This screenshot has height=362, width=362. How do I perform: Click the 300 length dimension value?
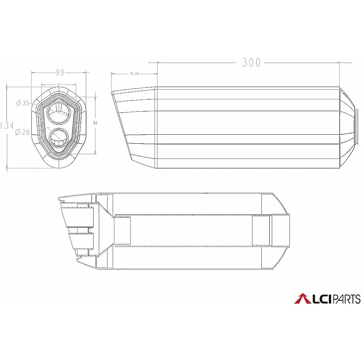coord(251,63)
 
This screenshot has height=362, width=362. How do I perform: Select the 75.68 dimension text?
coord(134,74)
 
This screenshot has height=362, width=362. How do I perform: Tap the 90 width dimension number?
coord(60,72)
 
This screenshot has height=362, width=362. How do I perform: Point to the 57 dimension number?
coord(59,85)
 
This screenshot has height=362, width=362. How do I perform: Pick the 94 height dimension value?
coord(96,123)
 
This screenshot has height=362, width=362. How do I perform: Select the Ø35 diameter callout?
coord(22,103)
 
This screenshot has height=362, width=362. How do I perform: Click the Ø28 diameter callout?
coord(22,132)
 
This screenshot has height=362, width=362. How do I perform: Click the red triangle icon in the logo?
coord(302,299)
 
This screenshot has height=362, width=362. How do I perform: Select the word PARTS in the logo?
coord(346,299)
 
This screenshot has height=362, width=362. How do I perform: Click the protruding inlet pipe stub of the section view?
coord(281,231)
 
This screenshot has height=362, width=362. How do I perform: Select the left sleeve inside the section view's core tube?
coord(122,231)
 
